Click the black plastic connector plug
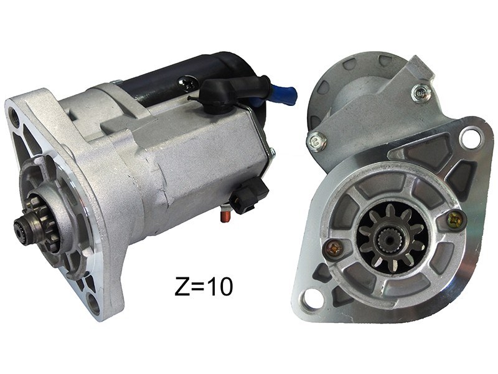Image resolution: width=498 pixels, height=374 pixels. click(x=250, y=194)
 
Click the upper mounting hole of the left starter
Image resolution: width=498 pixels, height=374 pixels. click(x=14, y=115)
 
